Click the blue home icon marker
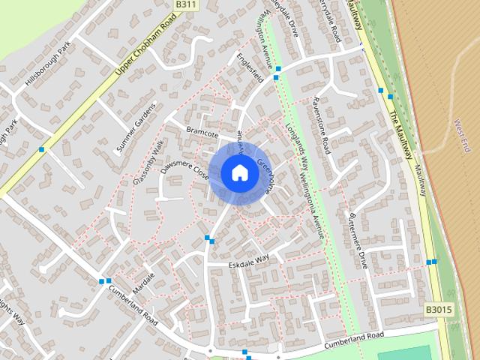239,173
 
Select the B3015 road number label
438,309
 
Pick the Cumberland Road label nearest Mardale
133,305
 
